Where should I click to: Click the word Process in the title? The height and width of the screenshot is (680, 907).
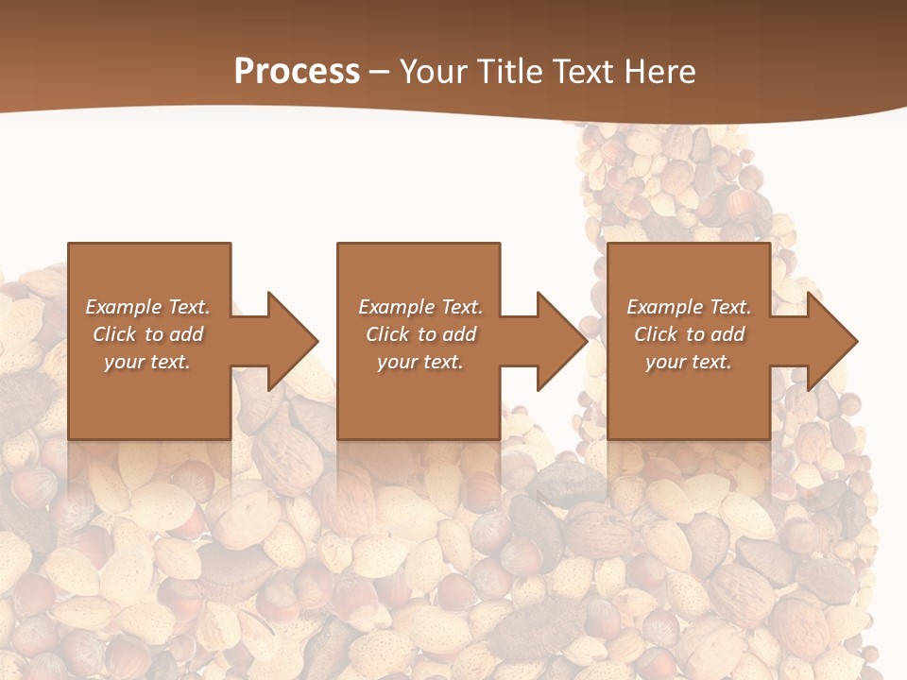click(x=297, y=72)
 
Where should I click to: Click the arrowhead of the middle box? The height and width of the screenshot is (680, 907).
click(x=560, y=341)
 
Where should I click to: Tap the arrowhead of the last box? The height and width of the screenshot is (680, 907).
click(x=830, y=341)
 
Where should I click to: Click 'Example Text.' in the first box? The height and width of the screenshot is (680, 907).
click(x=147, y=307)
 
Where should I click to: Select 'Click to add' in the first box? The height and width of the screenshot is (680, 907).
click(x=147, y=334)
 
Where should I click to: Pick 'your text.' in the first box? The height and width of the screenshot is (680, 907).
click(x=147, y=362)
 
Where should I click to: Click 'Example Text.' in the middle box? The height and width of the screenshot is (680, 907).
click(x=419, y=307)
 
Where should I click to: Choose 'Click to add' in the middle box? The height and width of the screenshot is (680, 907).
click(x=419, y=334)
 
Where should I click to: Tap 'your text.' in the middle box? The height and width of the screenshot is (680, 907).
click(x=419, y=362)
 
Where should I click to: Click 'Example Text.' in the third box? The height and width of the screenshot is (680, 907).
click(x=689, y=307)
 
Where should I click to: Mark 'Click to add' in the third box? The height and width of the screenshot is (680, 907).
click(x=689, y=334)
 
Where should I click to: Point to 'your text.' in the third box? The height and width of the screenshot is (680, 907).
click(x=689, y=362)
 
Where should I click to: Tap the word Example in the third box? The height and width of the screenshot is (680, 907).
click(x=665, y=307)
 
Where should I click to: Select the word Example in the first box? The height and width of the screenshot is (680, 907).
click(x=124, y=307)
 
